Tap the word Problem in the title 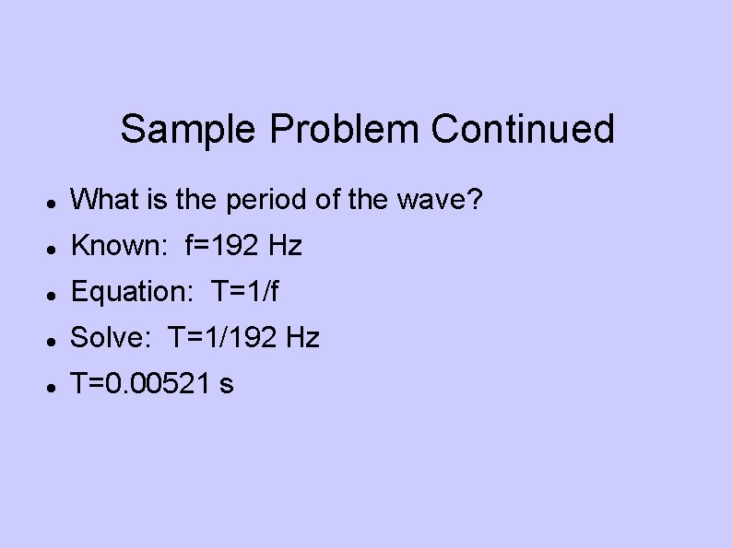346,130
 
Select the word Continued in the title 523,130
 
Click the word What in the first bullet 102,200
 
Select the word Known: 117,246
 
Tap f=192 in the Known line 223,246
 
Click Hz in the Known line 285,246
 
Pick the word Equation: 130,292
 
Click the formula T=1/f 244,292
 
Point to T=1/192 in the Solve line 221,338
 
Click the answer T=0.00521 141,384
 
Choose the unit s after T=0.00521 227,385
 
